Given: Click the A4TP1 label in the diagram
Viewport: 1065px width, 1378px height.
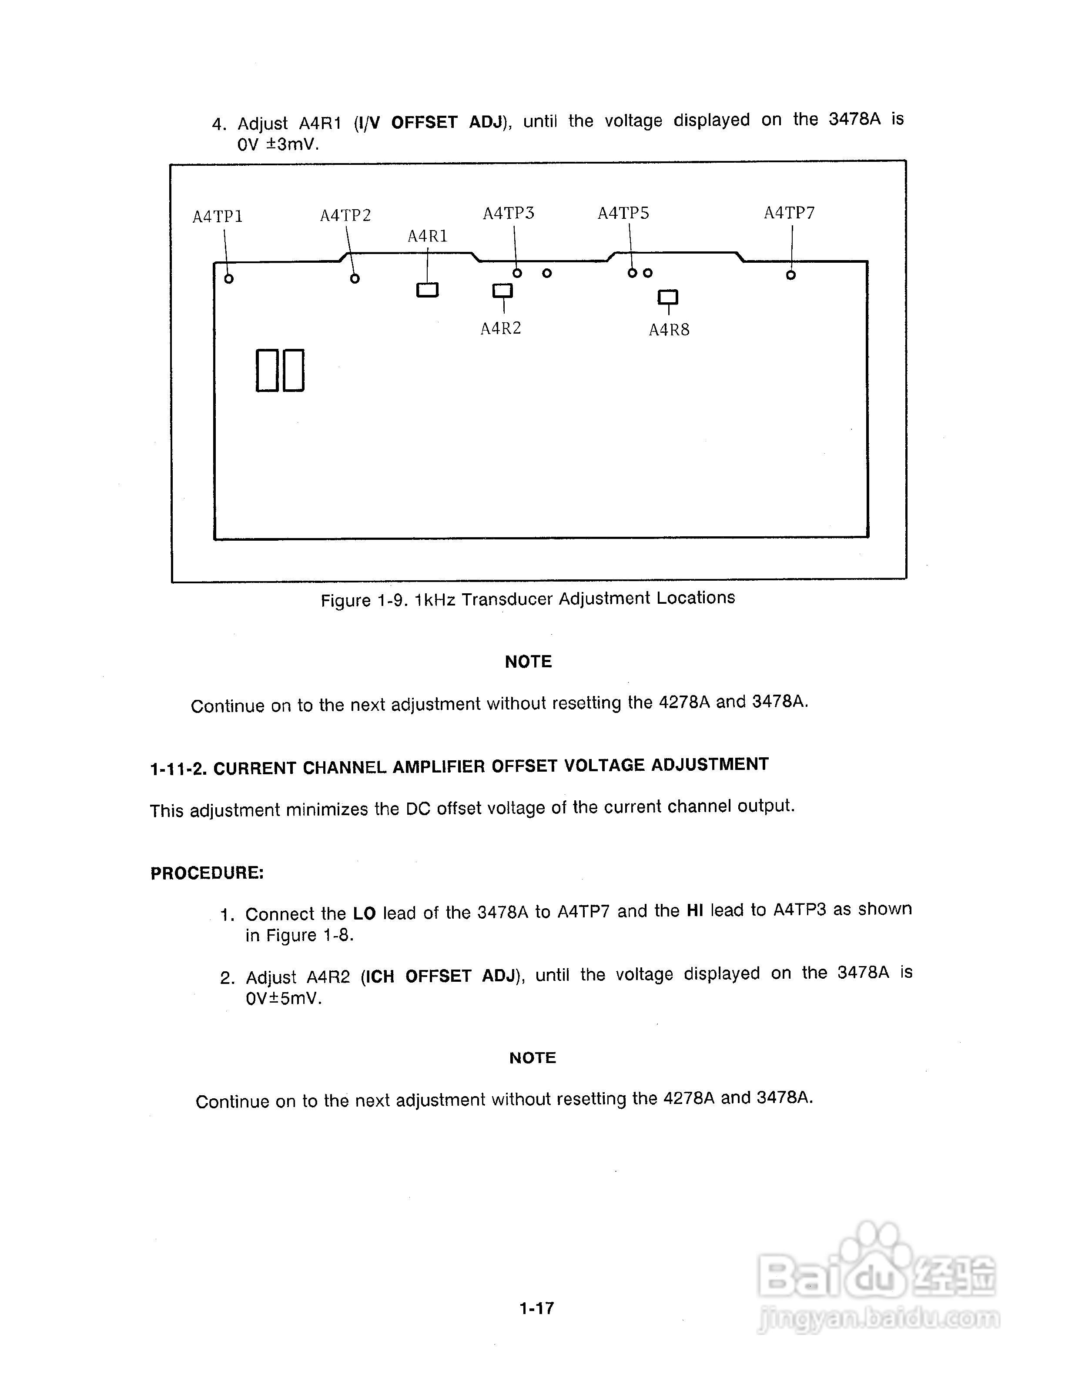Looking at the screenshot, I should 218,217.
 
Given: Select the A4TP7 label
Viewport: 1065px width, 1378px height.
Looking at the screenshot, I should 789,213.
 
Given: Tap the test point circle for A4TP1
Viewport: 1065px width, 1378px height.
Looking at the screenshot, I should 229,278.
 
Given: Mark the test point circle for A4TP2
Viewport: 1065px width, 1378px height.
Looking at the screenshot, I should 355,278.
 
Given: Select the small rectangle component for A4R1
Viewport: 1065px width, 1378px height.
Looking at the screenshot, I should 427,290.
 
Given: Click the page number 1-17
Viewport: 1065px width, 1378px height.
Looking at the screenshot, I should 536,1308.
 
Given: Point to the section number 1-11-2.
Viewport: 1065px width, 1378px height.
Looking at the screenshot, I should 178,769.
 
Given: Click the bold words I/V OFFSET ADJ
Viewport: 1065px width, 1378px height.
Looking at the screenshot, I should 430,122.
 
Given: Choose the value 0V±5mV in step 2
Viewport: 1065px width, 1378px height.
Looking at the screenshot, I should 283,999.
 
